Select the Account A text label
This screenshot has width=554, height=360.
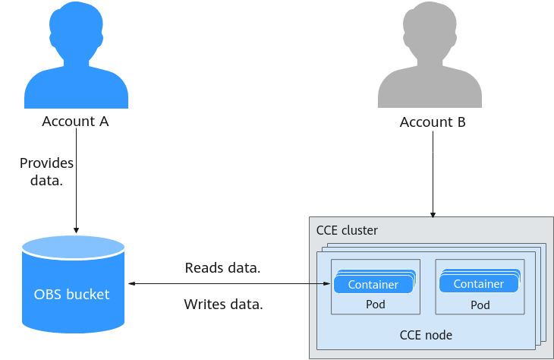tap(76, 122)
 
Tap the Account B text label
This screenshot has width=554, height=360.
tap(433, 122)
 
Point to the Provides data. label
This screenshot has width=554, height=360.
tap(46, 172)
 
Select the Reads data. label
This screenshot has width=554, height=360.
tap(223, 268)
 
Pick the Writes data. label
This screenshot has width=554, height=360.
tap(223, 305)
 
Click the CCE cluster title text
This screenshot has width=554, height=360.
tap(347, 230)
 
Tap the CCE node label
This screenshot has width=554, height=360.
tap(426, 334)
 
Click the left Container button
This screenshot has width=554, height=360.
tap(373, 284)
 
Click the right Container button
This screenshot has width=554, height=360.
tap(479, 284)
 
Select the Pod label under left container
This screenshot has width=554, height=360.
tap(375, 305)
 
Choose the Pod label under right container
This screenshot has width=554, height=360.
tap(480, 305)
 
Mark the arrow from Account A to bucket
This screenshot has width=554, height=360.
tap(76, 190)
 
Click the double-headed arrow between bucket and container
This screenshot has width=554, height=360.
tap(228, 284)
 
